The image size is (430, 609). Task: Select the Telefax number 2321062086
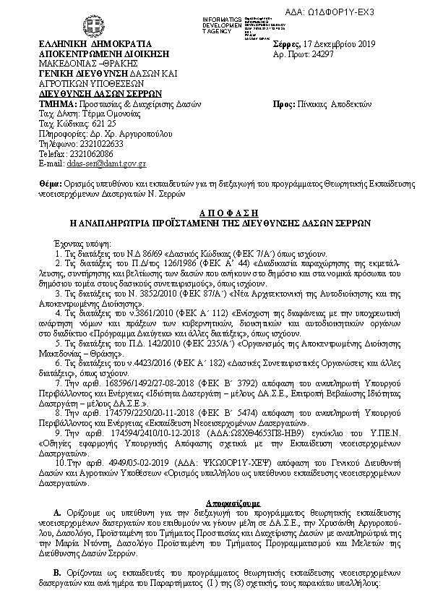click(x=90, y=154)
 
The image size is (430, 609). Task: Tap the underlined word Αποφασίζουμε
click(x=215, y=500)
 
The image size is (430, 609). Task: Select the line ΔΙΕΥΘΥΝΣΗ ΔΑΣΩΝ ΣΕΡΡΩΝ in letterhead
click(x=100, y=93)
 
